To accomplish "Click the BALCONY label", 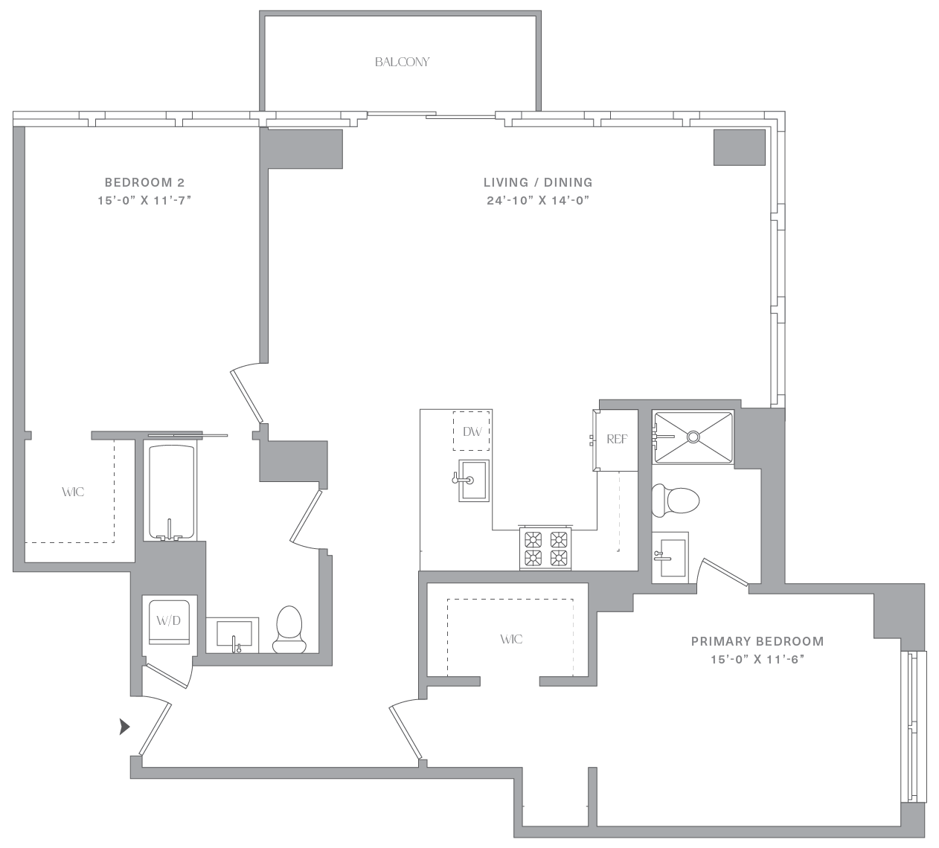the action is tap(402, 62).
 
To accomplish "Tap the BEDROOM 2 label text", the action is tap(144, 182).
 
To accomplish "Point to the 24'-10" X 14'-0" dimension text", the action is tap(538, 200).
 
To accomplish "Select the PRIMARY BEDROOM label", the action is tap(757, 640).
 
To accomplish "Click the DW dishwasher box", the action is tap(472, 431).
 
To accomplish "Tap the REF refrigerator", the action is tap(615, 440).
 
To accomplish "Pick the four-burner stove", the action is tap(546, 548).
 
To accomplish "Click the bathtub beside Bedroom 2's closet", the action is tap(171, 492).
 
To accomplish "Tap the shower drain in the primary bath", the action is tap(693, 437).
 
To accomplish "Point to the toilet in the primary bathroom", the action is tap(675, 501).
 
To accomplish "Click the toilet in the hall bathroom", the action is tap(289, 629).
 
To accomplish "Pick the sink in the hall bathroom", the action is tap(234, 635).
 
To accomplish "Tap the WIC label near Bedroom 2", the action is tap(73, 492).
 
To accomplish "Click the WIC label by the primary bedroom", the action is tap(511, 639).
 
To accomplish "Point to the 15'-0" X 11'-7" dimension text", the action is tap(144, 200).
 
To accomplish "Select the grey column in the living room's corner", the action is tap(739, 147).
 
